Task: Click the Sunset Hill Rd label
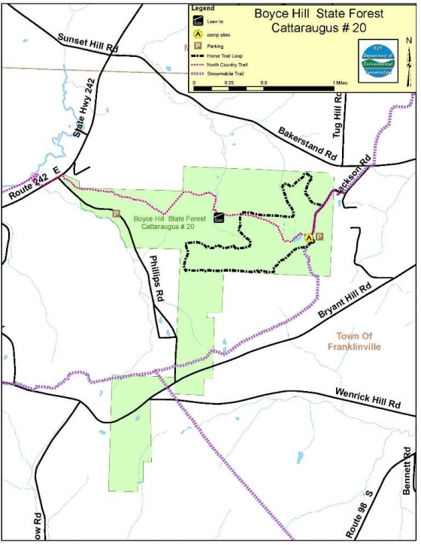click(x=88, y=43)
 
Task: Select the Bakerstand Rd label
click(x=307, y=143)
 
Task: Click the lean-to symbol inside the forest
click(x=218, y=218)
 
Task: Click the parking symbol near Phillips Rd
click(x=117, y=213)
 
